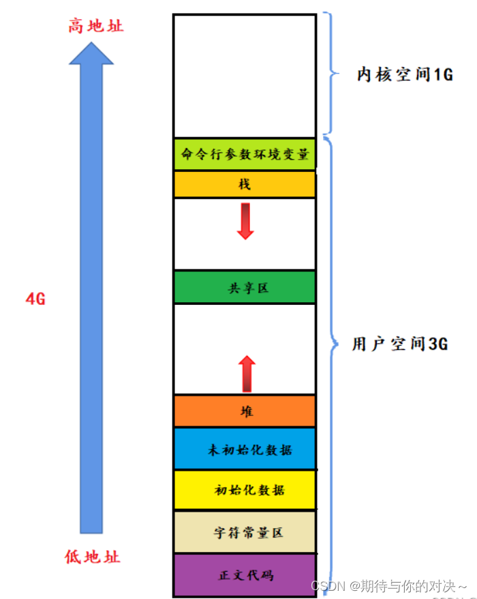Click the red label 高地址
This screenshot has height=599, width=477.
[x=96, y=27]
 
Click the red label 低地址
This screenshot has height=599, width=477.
[x=93, y=557]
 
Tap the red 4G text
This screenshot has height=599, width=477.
[x=35, y=298]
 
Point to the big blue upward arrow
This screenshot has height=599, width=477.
[x=91, y=287]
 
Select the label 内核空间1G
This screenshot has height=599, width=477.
[x=405, y=74]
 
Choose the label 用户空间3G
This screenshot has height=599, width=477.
[x=399, y=344]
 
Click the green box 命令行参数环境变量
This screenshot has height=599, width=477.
[x=245, y=155]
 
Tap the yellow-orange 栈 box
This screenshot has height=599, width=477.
[x=245, y=184]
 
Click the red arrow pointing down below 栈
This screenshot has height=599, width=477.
[x=245, y=220]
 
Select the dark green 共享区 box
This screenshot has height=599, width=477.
[x=245, y=288]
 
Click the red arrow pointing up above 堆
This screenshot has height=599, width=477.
[x=247, y=374]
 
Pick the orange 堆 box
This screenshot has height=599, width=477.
[x=245, y=411]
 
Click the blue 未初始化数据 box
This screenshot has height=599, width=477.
[x=245, y=449]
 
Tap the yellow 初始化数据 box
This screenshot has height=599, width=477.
[x=245, y=490]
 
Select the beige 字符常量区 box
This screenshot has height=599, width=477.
[x=245, y=532]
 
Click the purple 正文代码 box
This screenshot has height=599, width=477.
[x=245, y=574]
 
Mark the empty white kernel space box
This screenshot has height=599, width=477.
[x=245, y=75]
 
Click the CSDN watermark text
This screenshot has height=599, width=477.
[x=389, y=586]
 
